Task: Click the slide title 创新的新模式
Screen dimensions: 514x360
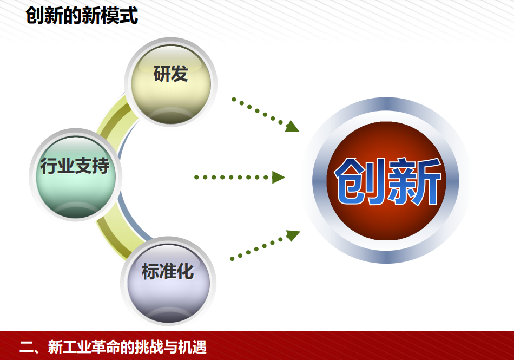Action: (x=82, y=16)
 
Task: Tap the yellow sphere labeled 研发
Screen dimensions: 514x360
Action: (x=171, y=84)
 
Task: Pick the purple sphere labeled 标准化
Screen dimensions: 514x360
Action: (x=168, y=283)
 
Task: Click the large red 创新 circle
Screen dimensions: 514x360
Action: (x=387, y=181)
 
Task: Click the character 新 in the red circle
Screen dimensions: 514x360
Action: (x=414, y=181)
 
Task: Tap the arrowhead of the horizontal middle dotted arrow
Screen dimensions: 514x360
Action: (x=278, y=178)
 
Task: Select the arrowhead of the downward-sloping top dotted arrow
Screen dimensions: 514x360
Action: (x=292, y=126)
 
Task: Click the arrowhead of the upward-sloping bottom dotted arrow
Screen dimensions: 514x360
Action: (x=293, y=235)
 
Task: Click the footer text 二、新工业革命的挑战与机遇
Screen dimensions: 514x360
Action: (x=113, y=347)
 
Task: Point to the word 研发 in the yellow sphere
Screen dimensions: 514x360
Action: (x=171, y=74)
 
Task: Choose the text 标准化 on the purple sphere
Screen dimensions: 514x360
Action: (x=168, y=271)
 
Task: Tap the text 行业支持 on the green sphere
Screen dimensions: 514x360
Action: (x=75, y=166)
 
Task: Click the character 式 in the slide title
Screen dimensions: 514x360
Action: (x=129, y=16)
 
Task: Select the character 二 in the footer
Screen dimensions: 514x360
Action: (x=27, y=347)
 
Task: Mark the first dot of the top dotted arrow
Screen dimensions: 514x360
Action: (x=234, y=99)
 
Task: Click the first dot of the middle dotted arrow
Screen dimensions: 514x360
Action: (x=196, y=178)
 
